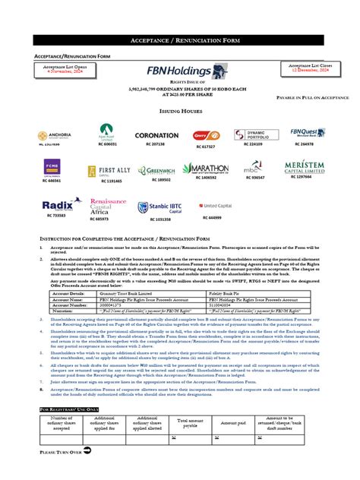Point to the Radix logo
point(61,205)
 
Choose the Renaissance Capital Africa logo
point(109,204)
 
